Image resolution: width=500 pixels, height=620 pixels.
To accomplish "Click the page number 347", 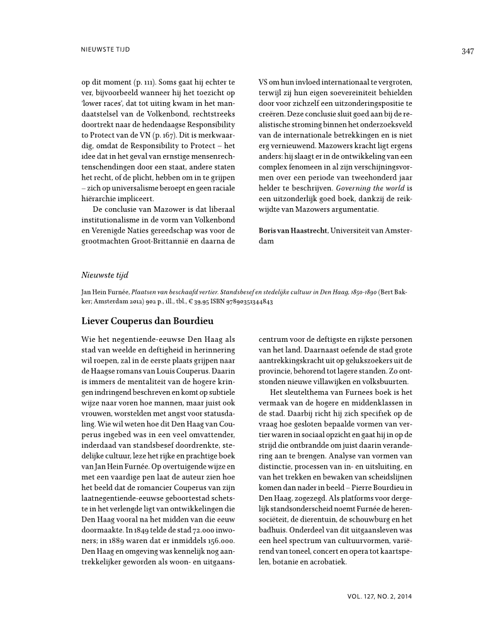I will point(467,51).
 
